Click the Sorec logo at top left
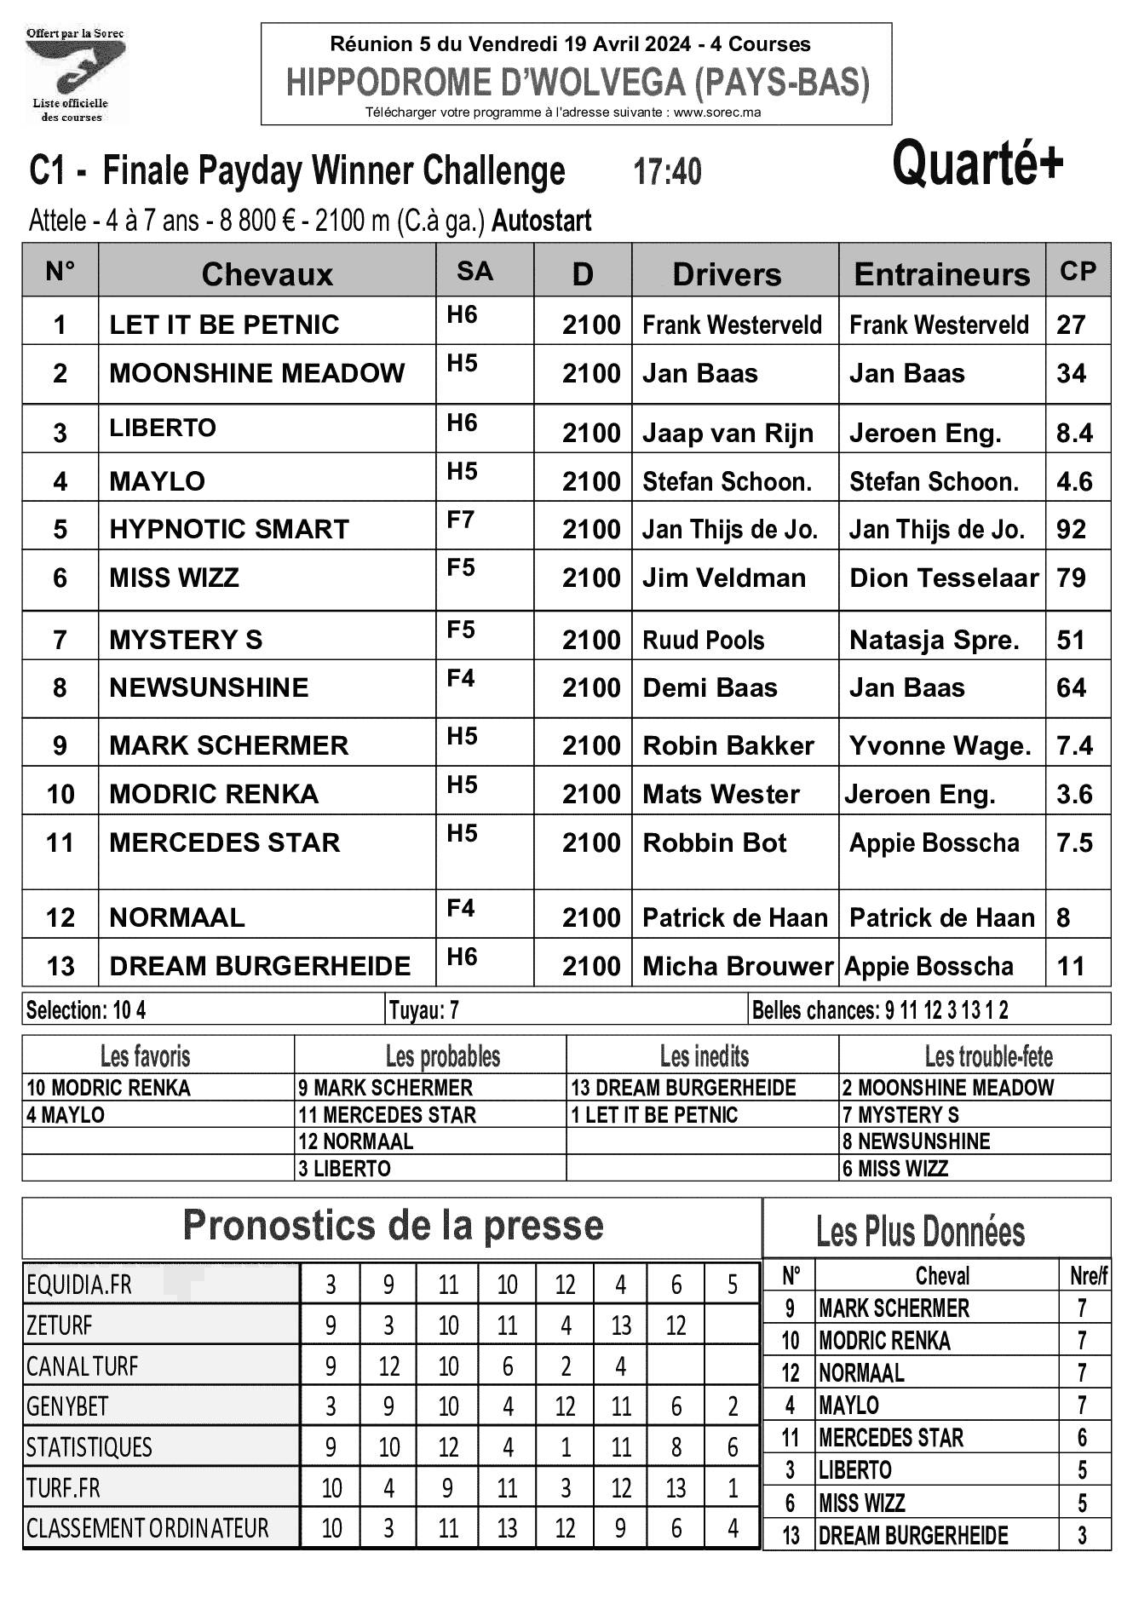(x=74, y=75)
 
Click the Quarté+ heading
(x=977, y=164)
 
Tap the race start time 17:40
(x=667, y=172)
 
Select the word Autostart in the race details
(x=542, y=221)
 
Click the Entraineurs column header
(x=941, y=274)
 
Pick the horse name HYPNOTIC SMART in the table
(x=229, y=529)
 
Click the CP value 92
(x=1071, y=529)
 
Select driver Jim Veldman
(x=723, y=578)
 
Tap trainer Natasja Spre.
(x=934, y=640)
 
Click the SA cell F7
(x=461, y=520)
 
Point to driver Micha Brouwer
(x=736, y=966)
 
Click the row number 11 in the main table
(x=60, y=842)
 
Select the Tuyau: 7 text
(x=424, y=1010)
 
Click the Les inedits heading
(x=704, y=1056)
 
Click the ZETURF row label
(x=59, y=1325)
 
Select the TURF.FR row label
(x=63, y=1488)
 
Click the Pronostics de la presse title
(x=393, y=1225)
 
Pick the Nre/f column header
(x=1088, y=1275)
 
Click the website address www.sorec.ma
(x=716, y=112)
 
